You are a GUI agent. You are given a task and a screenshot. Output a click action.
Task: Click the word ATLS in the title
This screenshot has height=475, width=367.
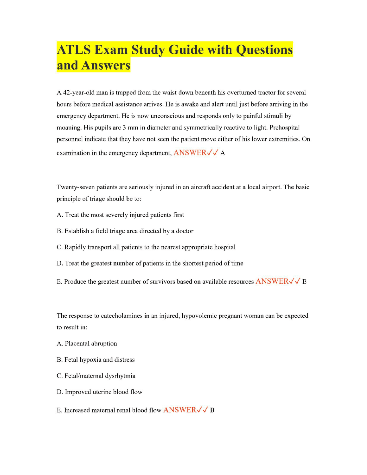tap(74, 50)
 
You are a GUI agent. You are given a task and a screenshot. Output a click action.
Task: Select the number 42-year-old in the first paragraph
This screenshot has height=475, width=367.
tap(79, 93)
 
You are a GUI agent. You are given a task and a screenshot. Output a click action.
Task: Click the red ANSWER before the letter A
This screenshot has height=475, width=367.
tap(190, 153)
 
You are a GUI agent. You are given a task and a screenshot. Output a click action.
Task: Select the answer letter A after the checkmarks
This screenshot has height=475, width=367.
tap(223, 153)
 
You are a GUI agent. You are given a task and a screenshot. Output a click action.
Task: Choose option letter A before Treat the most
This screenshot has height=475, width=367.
tap(59, 215)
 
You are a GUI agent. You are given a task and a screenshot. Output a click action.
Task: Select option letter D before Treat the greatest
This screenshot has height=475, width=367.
tap(59, 263)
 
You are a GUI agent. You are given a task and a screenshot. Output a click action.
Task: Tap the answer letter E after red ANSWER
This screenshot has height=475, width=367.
tap(304, 282)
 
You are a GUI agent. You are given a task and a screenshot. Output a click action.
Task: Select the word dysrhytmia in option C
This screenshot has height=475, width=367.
tap(120, 376)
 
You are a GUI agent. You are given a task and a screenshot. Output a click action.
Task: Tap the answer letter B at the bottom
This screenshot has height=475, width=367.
tap(212, 410)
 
